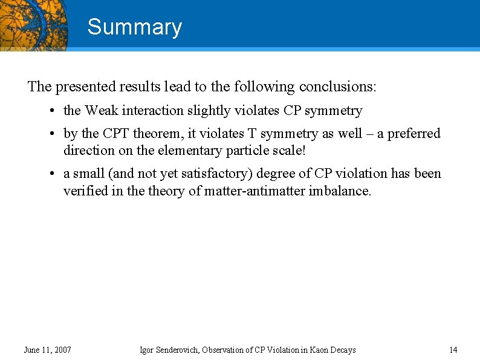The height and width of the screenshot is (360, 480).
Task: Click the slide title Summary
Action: point(134,27)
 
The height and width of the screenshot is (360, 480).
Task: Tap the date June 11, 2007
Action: point(47,350)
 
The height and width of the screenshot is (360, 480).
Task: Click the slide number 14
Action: point(453,350)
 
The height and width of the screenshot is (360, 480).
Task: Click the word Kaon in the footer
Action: point(307,350)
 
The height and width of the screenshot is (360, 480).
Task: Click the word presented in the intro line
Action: point(80,87)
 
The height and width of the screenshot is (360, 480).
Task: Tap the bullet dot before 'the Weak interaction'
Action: point(54,111)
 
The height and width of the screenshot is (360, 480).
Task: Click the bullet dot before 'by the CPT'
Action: point(54,134)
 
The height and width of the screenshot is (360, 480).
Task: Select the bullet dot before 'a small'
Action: point(54,174)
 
